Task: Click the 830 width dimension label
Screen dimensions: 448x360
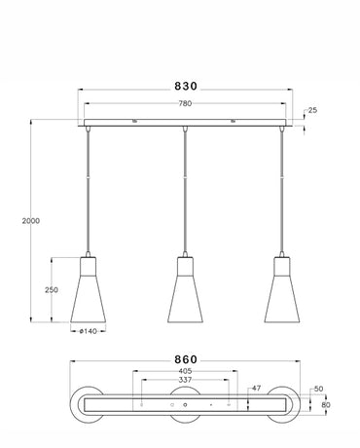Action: (185, 85)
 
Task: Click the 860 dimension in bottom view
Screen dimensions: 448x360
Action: (186, 358)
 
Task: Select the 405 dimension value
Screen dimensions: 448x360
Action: (185, 371)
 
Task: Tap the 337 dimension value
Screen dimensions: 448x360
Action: (185, 382)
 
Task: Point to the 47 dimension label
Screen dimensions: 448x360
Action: (257, 388)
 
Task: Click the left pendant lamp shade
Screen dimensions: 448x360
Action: (89, 293)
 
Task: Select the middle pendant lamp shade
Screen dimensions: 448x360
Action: (185, 293)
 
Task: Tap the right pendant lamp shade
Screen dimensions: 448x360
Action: (281, 293)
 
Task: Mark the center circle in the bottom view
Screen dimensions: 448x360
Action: (185, 402)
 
